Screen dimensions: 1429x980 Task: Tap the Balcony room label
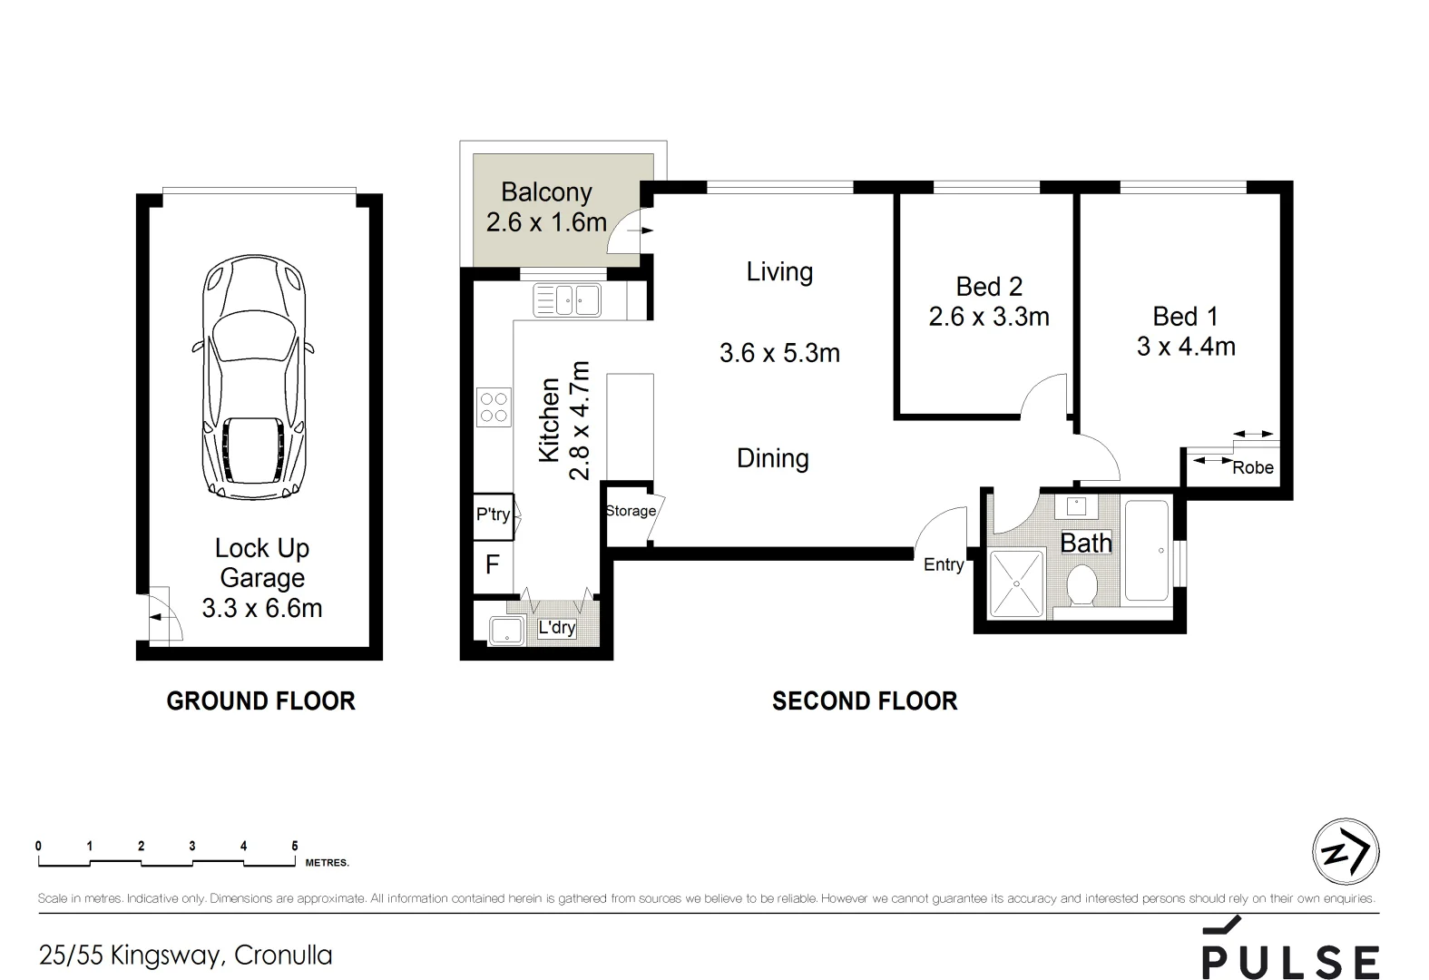tap(546, 192)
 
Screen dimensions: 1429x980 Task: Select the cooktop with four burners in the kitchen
tap(494, 407)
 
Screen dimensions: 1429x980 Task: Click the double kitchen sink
tap(567, 299)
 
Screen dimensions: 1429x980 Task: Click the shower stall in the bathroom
tap(1016, 583)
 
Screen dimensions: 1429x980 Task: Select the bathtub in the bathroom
tap(1147, 551)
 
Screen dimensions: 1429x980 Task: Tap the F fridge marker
tap(492, 564)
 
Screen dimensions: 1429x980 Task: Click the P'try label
tap(494, 514)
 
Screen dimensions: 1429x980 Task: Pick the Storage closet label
tap(631, 510)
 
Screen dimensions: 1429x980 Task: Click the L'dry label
tap(557, 627)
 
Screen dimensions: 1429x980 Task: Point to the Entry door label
tap(944, 564)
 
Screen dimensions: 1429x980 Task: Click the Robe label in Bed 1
tap(1253, 467)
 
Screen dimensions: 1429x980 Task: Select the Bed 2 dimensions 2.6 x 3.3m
tap(989, 317)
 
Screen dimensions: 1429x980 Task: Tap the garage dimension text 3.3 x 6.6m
tap(262, 608)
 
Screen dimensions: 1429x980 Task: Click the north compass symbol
tap(1346, 852)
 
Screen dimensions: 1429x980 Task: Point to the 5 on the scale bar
tap(295, 846)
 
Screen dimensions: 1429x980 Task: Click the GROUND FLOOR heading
tap(261, 701)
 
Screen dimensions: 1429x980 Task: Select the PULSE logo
tap(1290, 948)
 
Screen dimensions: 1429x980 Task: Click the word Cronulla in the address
tap(283, 955)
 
